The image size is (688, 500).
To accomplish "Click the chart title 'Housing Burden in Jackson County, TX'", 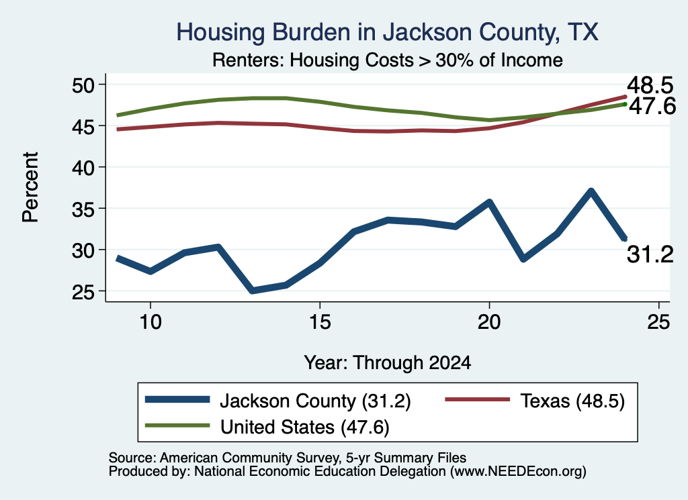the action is coord(387,32).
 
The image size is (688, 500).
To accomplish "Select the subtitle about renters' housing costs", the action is coord(388,60).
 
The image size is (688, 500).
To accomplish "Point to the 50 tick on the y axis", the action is coord(83,85).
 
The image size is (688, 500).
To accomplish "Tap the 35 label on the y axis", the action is coord(83,209).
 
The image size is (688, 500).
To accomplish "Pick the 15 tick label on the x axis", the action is coord(320,322).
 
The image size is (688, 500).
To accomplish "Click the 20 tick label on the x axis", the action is coord(489,322).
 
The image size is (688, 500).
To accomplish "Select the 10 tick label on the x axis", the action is coord(150,322).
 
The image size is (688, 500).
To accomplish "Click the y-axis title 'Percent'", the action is coord(31,187).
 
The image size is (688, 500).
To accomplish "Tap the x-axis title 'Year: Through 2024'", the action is coord(388,363).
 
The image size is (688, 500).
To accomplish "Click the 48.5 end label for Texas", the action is coord(650,85).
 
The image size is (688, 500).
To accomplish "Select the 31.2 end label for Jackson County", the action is coord(650,254).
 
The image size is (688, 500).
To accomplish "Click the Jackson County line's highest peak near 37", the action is coord(591,191).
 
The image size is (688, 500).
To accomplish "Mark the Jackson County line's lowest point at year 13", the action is coord(253,290).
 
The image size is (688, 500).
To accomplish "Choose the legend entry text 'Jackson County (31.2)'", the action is coord(316,401).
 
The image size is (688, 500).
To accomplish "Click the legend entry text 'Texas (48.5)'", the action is coord(572,401).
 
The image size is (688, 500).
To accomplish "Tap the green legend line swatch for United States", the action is coord(177,426).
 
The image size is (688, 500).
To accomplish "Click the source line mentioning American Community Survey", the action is coord(288,458).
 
